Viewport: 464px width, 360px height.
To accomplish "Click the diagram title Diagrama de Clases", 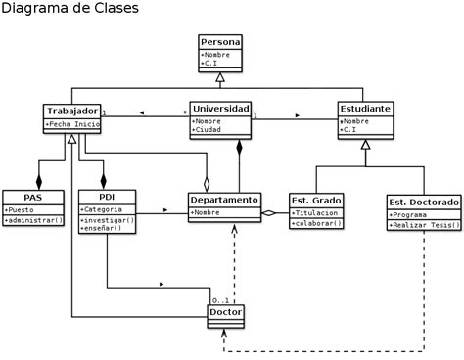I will (70, 9).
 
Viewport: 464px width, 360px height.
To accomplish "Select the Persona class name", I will (220, 42).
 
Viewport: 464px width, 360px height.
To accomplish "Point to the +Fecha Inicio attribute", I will (72, 124).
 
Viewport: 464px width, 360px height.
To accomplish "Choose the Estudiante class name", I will (365, 108).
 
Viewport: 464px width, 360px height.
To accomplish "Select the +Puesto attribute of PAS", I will (21, 209).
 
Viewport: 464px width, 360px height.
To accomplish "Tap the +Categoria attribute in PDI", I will (102, 209).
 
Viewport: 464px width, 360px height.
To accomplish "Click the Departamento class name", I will (224, 200).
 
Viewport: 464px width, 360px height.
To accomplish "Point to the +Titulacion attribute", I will (316, 212).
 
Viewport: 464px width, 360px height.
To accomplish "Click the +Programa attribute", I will (410, 214).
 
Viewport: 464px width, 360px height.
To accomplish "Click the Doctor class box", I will (226, 313).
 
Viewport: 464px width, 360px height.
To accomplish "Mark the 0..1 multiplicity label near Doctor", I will (220, 299).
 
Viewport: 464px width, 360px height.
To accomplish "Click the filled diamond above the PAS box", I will (39, 181).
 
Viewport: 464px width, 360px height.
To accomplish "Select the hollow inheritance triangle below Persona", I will (220, 77).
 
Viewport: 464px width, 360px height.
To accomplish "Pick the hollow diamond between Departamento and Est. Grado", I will (268, 212).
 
